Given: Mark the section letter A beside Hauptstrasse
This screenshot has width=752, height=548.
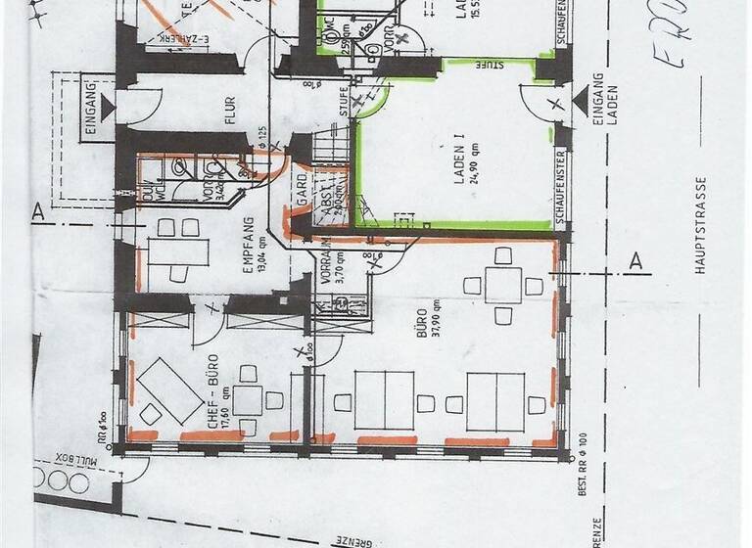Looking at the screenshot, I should tap(634, 260).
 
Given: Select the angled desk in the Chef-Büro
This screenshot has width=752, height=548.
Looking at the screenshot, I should tap(162, 385).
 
